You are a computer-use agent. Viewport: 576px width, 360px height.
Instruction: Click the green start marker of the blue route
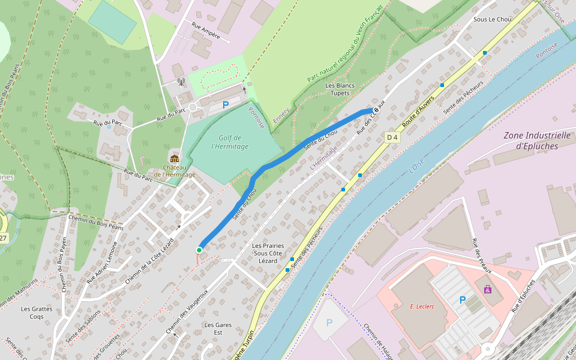(x=199, y=250)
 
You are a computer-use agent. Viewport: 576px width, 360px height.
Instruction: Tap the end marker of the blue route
(x=376, y=110)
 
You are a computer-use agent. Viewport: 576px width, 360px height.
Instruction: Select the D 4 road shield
(x=392, y=137)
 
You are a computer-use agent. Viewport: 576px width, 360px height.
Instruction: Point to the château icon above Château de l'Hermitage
(x=175, y=159)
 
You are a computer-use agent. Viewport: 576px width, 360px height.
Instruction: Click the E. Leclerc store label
(x=422, y=306)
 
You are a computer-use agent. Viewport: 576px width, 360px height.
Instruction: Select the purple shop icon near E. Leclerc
(x=488, y=289)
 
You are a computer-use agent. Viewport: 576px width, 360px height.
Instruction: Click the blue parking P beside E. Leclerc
(x=463, y=300)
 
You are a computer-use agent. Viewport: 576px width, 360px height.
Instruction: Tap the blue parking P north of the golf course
(x=226, y=105)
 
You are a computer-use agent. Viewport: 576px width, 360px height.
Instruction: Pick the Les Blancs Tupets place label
(x=340, y=89)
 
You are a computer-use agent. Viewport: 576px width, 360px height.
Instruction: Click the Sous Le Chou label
(x=492, y=19)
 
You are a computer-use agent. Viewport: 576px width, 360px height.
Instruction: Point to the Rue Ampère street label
(x=206, y=32)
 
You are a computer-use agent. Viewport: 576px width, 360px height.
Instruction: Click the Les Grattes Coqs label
(x=37, y=313)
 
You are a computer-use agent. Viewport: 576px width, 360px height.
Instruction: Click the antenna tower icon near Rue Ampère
(x=181, y=82)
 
